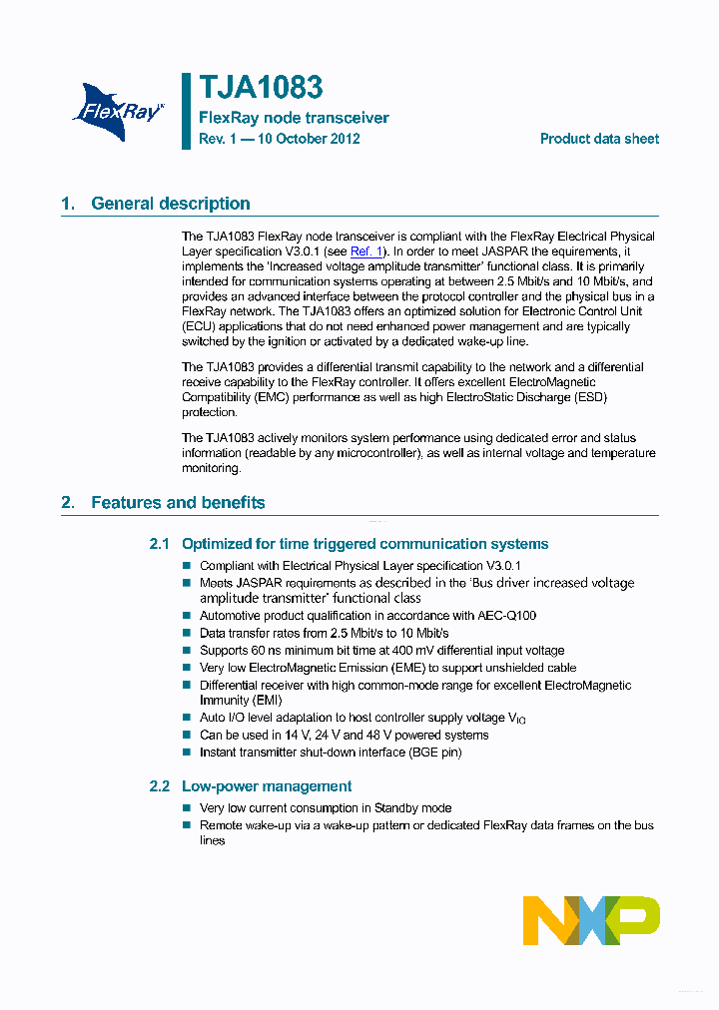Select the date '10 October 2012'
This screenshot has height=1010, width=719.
tap(309, 139)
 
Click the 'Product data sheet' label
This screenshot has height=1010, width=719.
tap(599, 139)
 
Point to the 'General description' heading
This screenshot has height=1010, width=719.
tap(170, 204)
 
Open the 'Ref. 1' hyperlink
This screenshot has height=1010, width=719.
tap(366, 252)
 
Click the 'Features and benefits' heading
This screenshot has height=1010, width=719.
tap(178, 503)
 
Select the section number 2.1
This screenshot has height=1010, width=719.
tap(160, 544)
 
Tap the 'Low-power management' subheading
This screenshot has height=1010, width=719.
tap(267, 786)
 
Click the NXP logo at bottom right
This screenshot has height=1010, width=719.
tap(591, 920)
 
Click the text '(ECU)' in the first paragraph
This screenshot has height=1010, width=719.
tap(198, 326)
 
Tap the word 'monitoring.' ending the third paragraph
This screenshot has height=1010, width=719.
tap(211, 468)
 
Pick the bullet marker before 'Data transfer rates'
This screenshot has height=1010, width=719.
tap(186, 634)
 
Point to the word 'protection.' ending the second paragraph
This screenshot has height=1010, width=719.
tap(210, 412)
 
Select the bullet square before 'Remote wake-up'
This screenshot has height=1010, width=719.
tap(186, 825)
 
